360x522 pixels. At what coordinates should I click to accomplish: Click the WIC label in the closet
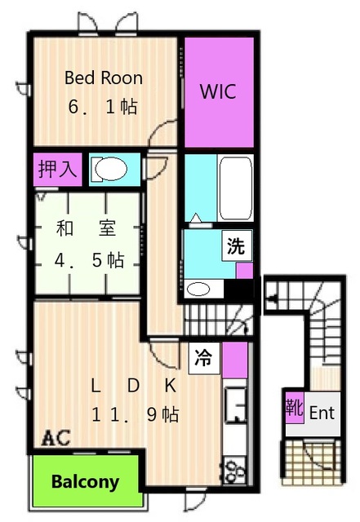(x=218, y=91)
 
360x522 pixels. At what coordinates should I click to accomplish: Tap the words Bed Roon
(x=104, y=78)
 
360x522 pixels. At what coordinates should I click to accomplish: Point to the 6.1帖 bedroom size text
(x=103, y=107)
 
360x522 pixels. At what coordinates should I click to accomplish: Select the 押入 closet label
(x=57, y=169)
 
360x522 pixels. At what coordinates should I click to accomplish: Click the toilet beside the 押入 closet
(x=110, y=169)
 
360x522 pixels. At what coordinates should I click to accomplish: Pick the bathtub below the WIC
(x=235, y=188)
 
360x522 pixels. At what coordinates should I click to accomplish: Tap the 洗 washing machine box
(x=237, y=246)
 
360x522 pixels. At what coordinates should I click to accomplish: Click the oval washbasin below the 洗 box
(x=198, y=289)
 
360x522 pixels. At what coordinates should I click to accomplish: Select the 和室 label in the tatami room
(x=86, y=228)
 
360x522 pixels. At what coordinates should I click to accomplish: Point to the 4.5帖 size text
(x=89, y=260)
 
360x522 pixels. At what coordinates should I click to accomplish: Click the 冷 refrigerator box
(x=204, y=358)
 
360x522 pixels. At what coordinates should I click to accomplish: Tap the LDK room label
(x=133, y=386)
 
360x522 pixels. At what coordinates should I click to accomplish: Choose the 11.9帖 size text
(x=135, y=415)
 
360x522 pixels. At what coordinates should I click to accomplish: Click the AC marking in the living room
(x=56, y=437)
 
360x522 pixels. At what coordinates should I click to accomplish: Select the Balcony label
(x=86, y=482)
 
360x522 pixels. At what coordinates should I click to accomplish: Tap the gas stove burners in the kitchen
(x=235, y=471)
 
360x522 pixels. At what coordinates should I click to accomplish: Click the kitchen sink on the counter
(x=235, y=405)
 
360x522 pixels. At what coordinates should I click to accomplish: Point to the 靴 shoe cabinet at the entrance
(x=295, y=408)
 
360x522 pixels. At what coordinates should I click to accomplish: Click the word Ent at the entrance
(x=322, y=414)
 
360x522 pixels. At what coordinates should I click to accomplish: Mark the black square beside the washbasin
(x=238, y=289)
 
